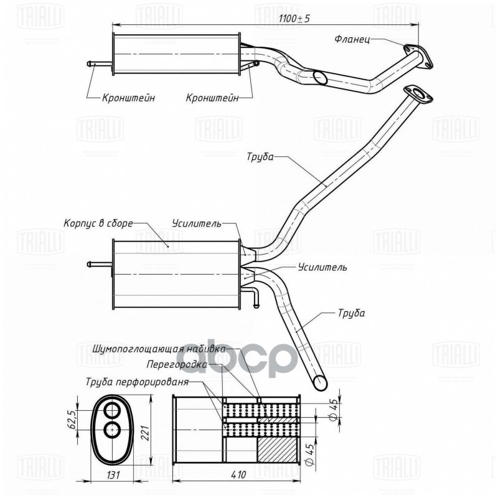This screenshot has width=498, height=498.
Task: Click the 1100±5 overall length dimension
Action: coord(294,19)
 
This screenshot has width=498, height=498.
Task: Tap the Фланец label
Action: coord(352,39)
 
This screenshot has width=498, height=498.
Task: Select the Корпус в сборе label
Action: coord(98,223)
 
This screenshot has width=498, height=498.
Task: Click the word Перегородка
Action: coord(175,364)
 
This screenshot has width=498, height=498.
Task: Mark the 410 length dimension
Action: coord(238,474)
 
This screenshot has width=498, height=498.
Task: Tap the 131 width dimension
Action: coord(113,474)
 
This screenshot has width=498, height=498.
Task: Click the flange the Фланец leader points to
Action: coord(418,55)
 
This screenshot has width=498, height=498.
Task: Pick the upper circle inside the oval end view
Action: coord(113,411)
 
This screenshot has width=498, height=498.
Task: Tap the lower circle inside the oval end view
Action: coord(113,430)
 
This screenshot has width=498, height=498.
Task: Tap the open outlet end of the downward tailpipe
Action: coord(319,380)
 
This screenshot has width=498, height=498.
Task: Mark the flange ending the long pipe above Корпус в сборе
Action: coord(420,94)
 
